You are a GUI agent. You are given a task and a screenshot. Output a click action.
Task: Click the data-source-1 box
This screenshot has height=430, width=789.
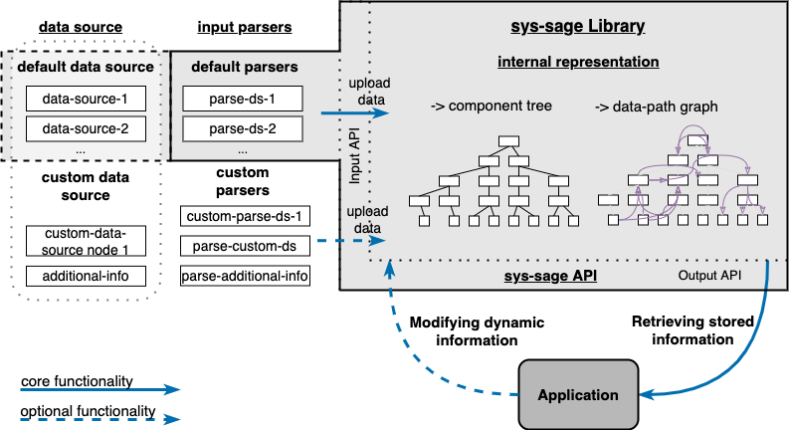[x=86, y=99]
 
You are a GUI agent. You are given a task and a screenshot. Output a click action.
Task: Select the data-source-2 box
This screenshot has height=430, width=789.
[x=86, y=129]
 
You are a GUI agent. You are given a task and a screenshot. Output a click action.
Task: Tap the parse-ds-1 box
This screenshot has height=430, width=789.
[x=242, y=99]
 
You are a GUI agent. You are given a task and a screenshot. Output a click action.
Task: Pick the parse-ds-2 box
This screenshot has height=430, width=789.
[x=242, y=129]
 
